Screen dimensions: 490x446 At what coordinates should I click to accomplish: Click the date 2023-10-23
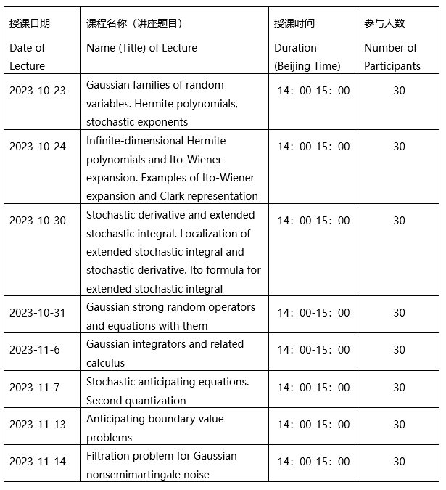point(37,91)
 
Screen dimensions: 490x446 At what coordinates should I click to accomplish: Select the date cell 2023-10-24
point(37,147)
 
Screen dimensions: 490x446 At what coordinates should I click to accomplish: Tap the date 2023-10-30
point(37,221)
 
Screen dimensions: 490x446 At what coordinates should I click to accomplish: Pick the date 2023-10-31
point(37,313)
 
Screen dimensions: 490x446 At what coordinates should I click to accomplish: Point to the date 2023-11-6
point(34,350)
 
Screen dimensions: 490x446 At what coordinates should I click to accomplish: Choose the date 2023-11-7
point(34,388)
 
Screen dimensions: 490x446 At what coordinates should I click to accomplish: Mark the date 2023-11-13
point(37,425)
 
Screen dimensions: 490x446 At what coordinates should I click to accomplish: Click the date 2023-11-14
point(37,462)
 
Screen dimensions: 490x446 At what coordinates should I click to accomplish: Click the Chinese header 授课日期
point(30,23)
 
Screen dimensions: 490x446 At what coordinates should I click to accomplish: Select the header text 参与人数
point(384,23)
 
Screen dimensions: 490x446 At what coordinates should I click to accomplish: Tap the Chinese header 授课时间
point(294,23)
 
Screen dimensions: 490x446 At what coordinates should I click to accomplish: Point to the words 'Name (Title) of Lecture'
point(141,48)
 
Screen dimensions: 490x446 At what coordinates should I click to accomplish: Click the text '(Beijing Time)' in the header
point(307,66)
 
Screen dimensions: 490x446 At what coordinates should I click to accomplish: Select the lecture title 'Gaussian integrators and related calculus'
point(165,353)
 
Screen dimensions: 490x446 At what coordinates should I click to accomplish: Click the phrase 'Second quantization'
point(136,401)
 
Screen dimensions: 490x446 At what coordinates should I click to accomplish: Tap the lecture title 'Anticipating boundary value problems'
point(154,428)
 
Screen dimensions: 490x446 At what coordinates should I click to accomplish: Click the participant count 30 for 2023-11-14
point(399,462)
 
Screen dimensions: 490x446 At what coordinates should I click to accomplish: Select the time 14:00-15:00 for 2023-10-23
point(313,91)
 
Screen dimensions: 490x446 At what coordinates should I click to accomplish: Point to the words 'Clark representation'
point(208,196)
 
